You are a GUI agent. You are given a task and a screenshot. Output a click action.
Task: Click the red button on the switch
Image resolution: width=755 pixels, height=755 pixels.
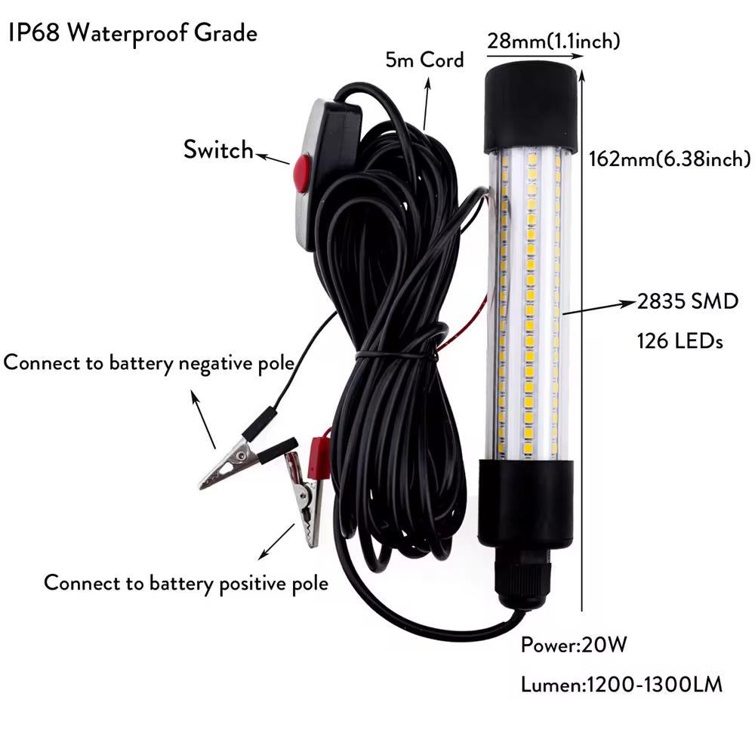[x=301, y=172]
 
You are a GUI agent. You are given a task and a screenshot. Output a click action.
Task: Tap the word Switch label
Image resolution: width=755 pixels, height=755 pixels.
[x=218, y=149]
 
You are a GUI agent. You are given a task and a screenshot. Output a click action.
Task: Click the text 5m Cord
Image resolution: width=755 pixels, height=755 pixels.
[x=424, y=60]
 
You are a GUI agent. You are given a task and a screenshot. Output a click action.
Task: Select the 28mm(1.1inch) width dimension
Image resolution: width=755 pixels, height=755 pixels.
[x=553, y=42]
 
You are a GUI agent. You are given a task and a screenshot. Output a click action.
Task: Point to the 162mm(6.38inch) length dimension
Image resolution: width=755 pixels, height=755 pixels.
[x=669, y=159]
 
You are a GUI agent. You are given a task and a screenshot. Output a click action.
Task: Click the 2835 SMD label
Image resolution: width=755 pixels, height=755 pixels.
[x=688, y=303]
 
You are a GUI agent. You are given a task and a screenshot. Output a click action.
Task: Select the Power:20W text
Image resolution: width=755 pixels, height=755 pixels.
[x=574, y=646]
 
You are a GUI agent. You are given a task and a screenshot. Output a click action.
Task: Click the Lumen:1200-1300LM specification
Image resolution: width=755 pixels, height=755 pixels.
[x=621, y=685]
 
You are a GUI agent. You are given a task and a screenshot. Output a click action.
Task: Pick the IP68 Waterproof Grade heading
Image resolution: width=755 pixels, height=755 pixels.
[x=133, y=34]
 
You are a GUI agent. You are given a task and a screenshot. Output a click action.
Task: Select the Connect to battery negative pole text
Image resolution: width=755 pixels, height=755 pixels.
[x=149, y=362]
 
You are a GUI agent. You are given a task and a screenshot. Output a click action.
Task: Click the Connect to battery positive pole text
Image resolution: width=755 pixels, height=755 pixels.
[x=186, y=583]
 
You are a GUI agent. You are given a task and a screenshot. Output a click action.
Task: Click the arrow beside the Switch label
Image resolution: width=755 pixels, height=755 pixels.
[x=273, y=159]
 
